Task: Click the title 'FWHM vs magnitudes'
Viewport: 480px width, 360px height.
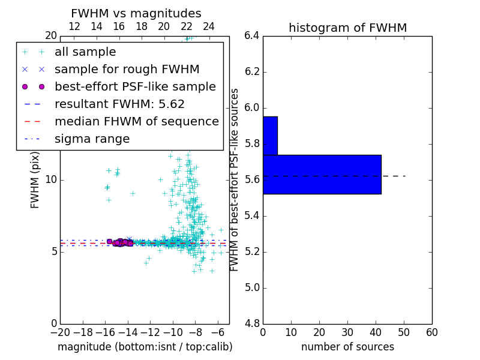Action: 136,13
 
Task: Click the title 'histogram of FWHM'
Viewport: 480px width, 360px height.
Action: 347,28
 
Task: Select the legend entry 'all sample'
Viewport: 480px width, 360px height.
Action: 85,52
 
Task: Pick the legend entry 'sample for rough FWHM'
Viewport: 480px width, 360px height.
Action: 127,70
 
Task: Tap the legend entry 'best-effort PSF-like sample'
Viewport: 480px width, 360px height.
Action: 135,87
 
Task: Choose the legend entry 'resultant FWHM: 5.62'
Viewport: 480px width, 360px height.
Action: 119,104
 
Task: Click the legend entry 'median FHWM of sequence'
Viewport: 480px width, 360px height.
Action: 136,122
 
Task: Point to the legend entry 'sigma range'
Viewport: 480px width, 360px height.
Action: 92,139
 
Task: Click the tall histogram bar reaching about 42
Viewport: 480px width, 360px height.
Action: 322,174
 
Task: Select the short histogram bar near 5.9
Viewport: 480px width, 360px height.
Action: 270,136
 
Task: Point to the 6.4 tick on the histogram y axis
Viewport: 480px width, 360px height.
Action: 251,36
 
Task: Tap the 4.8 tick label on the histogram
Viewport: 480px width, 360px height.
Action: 251,323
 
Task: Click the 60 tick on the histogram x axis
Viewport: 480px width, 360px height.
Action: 431,332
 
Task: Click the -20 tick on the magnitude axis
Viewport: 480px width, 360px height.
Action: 60,332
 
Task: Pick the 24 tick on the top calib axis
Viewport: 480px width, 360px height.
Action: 209,27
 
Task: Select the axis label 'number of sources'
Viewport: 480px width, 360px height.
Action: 347,347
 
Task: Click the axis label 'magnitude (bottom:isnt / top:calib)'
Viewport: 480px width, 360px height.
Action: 145,347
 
